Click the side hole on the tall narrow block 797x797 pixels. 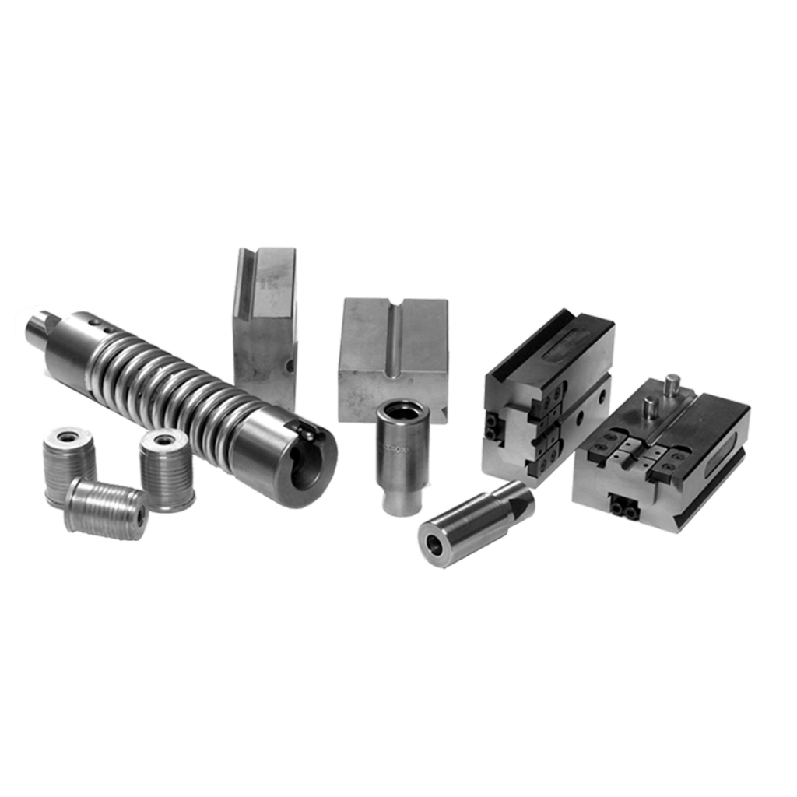[289, 363]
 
